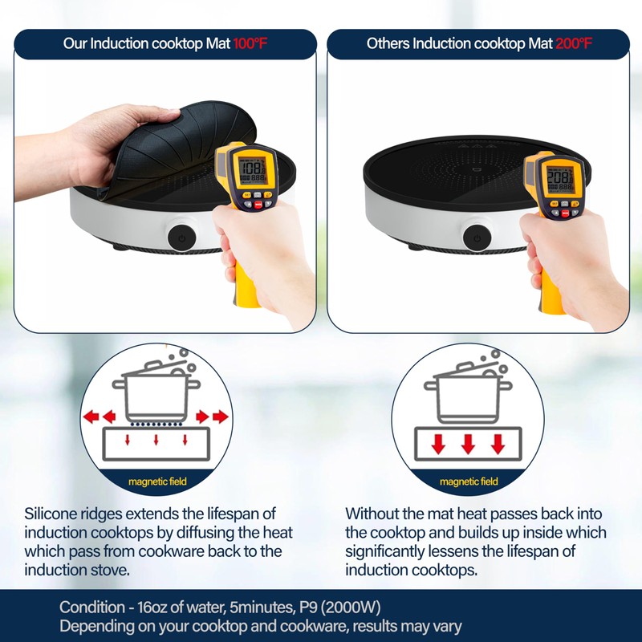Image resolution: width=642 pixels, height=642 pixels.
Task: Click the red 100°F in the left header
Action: pyautogui.click(x=250, y=43)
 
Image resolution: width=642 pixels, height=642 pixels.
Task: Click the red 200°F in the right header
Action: pyautogui.click(x=574, y=43)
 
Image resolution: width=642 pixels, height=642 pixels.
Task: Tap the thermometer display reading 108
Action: pyautogui.click(x=254, y=170)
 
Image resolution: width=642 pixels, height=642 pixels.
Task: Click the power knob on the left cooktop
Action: pyautogui.click(x=179, y=238)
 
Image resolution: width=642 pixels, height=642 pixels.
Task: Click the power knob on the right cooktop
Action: pyautogui.click(x=477, y=238)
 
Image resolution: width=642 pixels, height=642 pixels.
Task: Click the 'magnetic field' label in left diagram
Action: pyautogui.click(x=157, y=481)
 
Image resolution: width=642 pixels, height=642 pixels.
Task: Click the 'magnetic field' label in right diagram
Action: pyautogui.click(x=469, y=481)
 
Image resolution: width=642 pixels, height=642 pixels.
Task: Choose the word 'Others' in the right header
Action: pyautogui.click(x=388, y=43)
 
